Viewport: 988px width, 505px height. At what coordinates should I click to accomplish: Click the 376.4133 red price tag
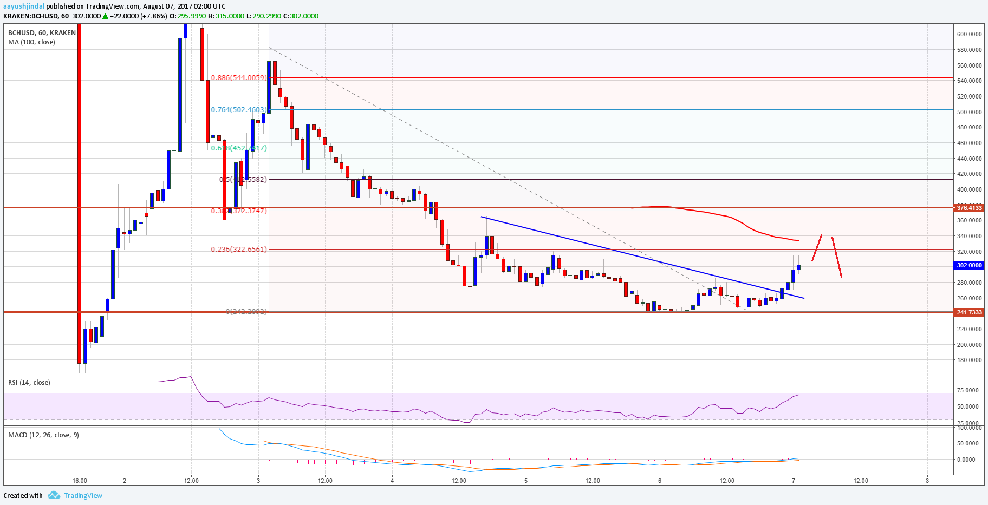click(969, 208)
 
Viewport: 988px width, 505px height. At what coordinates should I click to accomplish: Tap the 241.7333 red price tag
click(969, 312)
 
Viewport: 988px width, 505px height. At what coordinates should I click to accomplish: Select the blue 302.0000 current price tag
click(969, 265)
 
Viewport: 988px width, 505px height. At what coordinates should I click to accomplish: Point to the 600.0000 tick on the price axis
click(969, 34)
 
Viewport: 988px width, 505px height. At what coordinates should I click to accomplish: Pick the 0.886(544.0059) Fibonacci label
click(239, 78)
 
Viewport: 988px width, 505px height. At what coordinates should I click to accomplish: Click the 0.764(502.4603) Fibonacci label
click(239, 110)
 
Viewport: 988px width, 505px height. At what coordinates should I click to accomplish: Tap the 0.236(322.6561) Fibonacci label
click(239, 250)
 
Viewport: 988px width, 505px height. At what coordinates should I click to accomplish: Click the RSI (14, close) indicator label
click(29, 383)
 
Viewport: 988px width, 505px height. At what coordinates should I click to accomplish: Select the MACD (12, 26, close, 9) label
click(43, 435)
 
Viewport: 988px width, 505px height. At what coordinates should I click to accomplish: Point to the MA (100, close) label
click(31, 42)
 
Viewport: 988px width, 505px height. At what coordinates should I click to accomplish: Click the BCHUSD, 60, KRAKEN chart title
click(42, 33)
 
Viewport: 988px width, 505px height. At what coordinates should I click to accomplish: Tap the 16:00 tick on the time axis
click(80, 481)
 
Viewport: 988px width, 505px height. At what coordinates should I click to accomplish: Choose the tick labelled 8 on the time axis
click(927, 481)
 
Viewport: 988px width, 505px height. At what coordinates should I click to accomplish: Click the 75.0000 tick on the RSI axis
click(967, 390)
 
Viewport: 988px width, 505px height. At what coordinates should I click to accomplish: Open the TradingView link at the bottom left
click(82, 496)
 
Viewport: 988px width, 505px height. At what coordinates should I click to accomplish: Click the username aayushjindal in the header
click(24, 6)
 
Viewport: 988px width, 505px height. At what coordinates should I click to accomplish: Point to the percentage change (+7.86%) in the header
click(154, 16)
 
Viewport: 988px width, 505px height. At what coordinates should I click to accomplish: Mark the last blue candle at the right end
click(798, 267)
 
